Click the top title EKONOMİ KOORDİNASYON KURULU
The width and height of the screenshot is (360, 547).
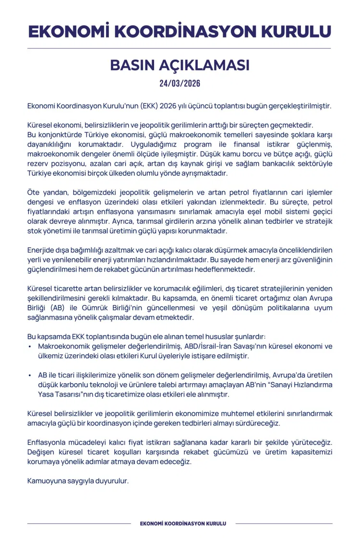[x=180, y=31]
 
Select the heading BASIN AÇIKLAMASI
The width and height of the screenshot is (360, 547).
[x=180, y=65]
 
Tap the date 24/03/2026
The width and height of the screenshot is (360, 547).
[x=180, y=83]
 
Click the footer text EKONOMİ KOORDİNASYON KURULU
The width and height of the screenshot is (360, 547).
[x=183, y=523]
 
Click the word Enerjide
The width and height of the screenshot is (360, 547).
[x=42, y=250]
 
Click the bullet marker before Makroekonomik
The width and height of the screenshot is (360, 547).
[x=30, y=347]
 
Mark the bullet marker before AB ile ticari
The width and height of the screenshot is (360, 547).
[x=30, y=376]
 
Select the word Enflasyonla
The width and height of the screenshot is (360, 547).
[x=49, y=443]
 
